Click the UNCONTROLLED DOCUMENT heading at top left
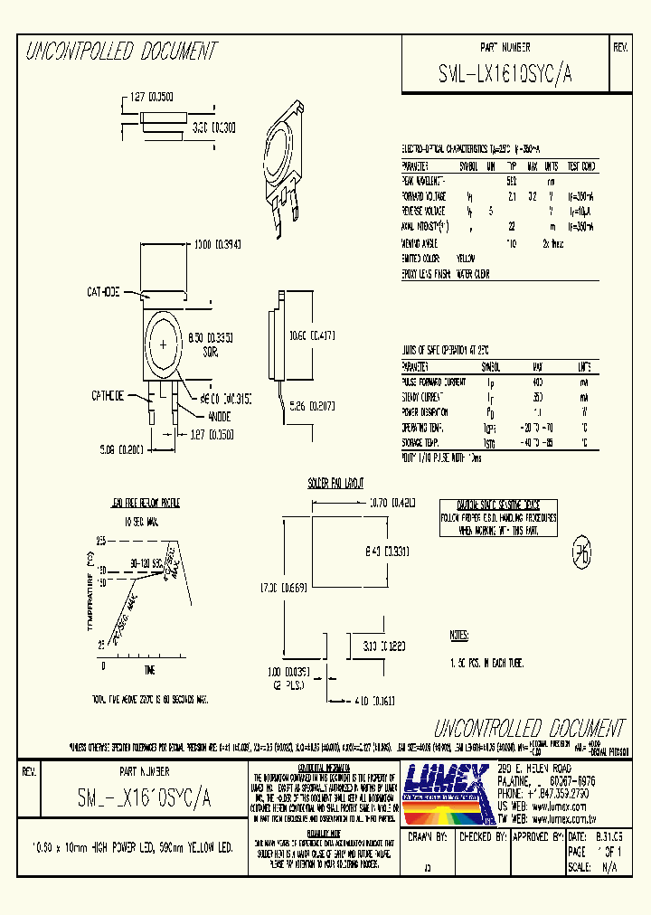[x=120, y=52]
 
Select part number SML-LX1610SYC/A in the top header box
[x=505, y=77]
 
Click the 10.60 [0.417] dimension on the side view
[x=311, y=336]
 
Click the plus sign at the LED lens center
[x=164, y=346]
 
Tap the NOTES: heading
[x=466, y=636]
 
